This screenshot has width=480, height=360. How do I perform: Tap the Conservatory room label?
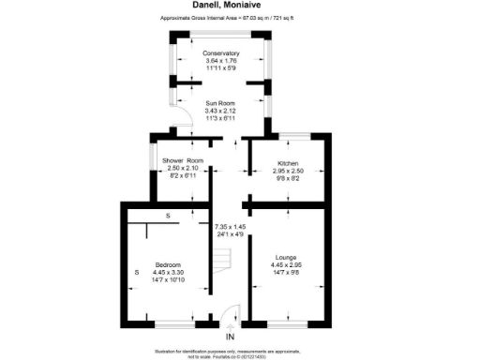point(220,53)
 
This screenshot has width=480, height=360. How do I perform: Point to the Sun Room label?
point(220,104)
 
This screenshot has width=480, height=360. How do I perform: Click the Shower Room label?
point(182,161)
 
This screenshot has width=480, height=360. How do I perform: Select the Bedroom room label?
point(168,265)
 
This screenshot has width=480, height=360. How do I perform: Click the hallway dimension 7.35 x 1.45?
point(229,227)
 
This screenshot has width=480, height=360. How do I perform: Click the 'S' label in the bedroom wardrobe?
point(168,217)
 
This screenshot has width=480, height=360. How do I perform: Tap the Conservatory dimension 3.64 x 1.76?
point(220,61)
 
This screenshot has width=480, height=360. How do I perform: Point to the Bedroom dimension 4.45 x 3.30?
point(168,273)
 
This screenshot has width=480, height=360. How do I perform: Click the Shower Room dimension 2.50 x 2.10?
point(182,169)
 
